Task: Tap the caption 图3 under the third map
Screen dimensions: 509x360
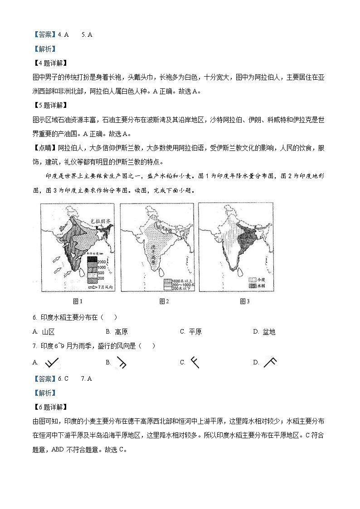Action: click(x=245, y=301)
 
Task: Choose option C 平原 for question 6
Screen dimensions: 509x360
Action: click(x=191, y=332)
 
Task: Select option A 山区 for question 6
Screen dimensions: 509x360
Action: click(x=44, y=332)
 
